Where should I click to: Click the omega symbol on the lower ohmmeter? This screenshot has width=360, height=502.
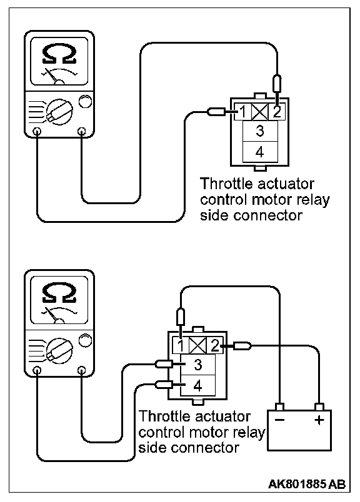pyautogui.click(x=59, y=292)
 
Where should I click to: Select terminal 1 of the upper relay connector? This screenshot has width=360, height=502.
pyautogui.click(x=243, y=112)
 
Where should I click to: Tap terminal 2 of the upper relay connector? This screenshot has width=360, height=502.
pyautogui.click(x=277, y=112)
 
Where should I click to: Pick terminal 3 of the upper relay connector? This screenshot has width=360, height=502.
pyautogui.click(x=260, y=131)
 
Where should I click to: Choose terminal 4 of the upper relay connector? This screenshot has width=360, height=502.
pyautogui.click(x=260, y=152)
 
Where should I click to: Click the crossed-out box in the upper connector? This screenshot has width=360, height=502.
pyautogui.click(x=260, y=112)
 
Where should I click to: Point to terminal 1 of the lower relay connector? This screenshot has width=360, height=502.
pyautogui.click(x=181, y=346)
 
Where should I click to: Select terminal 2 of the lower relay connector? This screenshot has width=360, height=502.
pyautogui.click(x=214, y=346)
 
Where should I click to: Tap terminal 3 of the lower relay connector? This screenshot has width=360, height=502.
pyautogui.click(x=198, y=365)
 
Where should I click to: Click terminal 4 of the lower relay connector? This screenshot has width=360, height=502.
pyautogui.click(x=198, y=385)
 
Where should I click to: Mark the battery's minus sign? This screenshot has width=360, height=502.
pyautogui.click(x=279, y=420)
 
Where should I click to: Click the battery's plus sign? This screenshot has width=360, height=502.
pyautogui.click(x=319, y=420)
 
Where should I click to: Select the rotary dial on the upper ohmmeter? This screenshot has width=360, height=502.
pyautogui.click(x=59, y=112)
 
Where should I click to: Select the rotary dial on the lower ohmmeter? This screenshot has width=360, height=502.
pyautogui.click(x=59, y=350)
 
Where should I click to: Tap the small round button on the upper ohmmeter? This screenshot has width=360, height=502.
pyautogui.click(x=85, y=102)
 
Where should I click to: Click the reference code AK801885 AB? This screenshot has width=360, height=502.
pyautogui.click(x=307, y=484)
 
